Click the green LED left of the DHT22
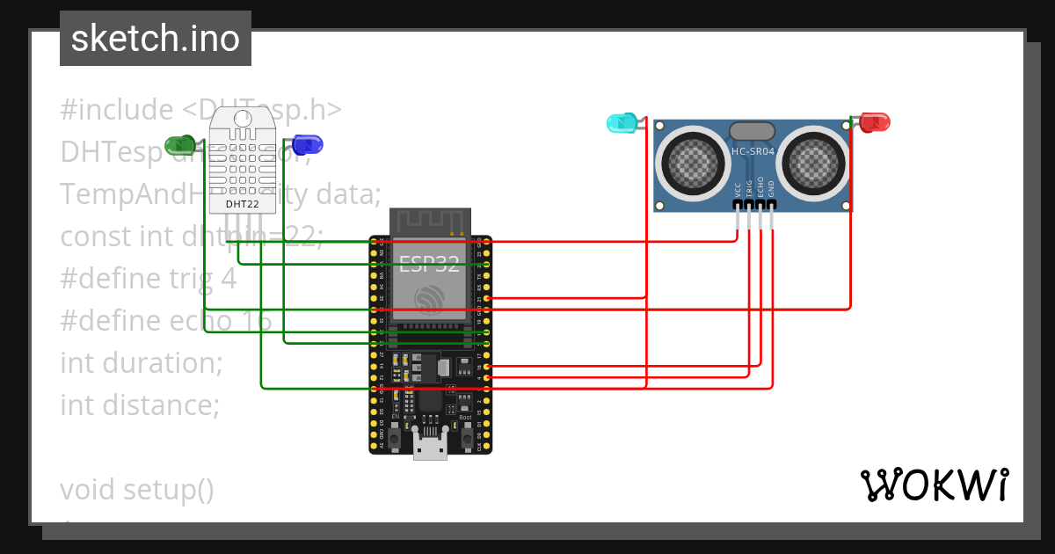[183, 144]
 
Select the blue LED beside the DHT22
[308, 144]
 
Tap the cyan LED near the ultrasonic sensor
[622, 123]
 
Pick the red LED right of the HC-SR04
[875, 122]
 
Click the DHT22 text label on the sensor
[242, 204]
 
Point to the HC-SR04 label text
[753, 151]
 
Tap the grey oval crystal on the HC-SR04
[753, 131]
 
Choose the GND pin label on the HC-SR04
[771, 188]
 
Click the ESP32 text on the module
[430, 263]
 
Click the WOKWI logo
[934, 485]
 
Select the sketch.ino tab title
[156, 39]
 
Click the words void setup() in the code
[137, 489]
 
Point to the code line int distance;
[139, 405]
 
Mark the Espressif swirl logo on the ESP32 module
[430, 299]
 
